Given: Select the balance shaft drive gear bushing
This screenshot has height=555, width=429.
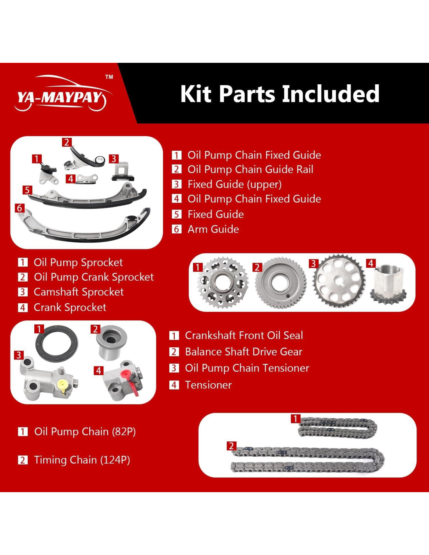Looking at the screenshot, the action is [112, 343].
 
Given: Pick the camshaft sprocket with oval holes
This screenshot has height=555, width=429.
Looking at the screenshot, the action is [339, 281].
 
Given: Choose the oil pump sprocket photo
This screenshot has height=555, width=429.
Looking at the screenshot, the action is [223, 283].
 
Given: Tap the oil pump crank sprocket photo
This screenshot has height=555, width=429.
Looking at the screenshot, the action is [281, 283].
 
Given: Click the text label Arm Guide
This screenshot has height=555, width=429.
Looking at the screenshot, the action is [213, 229].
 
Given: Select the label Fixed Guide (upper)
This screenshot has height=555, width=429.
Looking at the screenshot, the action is [234, 184].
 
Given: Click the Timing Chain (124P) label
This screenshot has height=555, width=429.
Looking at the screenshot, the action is [82, 460].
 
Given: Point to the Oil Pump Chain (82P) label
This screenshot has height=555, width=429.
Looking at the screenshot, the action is [85, 431].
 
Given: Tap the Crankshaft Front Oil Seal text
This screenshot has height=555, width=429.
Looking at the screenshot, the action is [244, 335].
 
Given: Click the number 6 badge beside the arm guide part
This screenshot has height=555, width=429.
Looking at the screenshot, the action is [19, 208].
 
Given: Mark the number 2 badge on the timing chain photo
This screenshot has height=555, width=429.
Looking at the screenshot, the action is [232, 446].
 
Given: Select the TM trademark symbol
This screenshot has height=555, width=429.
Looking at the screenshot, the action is [109, 77].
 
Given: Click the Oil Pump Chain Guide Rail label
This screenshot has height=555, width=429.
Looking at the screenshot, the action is [250, 169].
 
